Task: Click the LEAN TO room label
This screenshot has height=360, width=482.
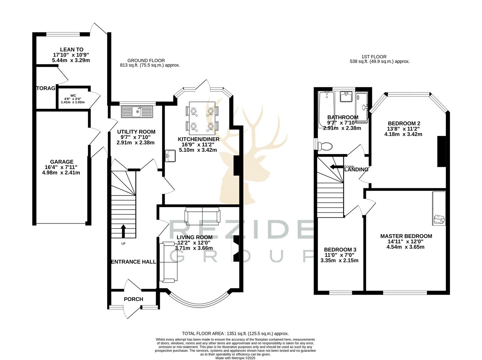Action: [71, 50]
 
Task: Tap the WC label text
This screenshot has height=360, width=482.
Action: [73, 95]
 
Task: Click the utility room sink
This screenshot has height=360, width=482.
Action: [137, 112]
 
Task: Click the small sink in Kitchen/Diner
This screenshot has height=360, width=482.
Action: [170, 155]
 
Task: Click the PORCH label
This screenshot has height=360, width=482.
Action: [133, 299]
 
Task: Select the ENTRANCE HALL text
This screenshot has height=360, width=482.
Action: [133, 262]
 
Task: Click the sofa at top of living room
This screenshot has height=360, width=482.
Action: [202, 215]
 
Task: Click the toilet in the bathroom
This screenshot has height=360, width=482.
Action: [325, 146]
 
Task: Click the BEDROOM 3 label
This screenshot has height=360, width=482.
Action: [340, 250]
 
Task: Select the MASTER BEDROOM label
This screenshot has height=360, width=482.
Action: [406, 236]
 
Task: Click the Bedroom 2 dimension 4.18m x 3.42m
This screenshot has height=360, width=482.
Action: [403, 134]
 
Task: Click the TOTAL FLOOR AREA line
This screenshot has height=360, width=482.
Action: [235, 333]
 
